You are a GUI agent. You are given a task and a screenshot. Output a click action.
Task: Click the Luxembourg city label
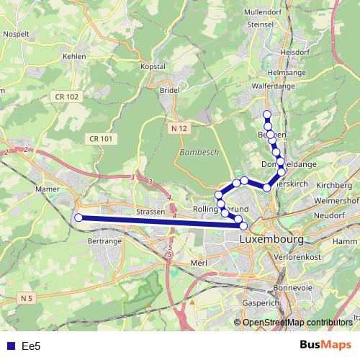pyautogui.click(x=274, y=238)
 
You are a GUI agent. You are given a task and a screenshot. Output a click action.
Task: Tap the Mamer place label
pyautogui.click(x=46, y=190)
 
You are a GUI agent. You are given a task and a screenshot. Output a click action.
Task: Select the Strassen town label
pyautogui.click(x=150, y=212)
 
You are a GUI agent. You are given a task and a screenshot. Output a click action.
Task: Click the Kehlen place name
pyautogui.click(x=74, y=56)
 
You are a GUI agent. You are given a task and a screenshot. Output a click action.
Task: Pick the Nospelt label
pyautogui.click(x=16, y=34)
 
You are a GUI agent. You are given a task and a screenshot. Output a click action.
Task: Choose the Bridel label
pyautogui.click(x=169, y=91)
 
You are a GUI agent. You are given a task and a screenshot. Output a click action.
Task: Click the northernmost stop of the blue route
pyautogui.click(x=267, y=114)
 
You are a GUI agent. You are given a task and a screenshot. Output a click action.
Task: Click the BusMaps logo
pyautogui.click(x=325, y=345)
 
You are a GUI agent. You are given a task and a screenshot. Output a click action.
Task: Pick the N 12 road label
pyautogui.click(x=179, y=127)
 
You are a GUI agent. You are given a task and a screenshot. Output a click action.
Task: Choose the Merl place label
pyautogui.click(x=199, y=264)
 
